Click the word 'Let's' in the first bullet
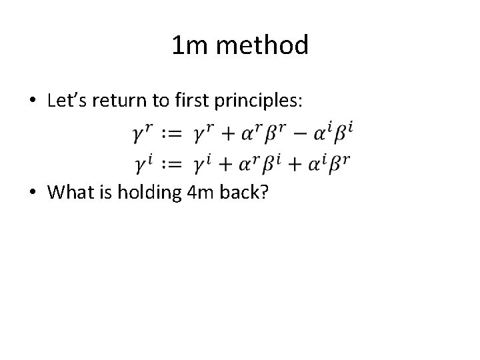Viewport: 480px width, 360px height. pos(67,101)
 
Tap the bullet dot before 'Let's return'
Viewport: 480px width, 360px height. pos(33,101)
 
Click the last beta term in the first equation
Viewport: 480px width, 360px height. pos(341,134)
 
